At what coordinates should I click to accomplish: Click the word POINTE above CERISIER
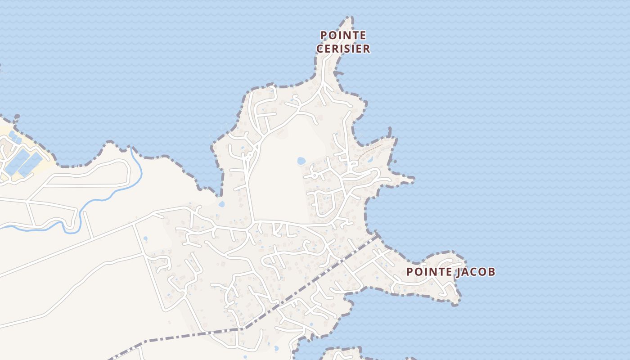tap(343, 35)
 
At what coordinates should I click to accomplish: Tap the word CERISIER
tap(343, 49)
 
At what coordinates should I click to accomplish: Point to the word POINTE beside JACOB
tap(429, 272)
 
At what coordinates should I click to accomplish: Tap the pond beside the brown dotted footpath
tap(370, 159)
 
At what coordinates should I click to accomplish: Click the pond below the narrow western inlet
tap(221, 204)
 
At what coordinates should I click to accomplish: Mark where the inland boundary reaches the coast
tap(376, 234)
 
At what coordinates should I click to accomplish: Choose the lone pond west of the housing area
tap(145, 238)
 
